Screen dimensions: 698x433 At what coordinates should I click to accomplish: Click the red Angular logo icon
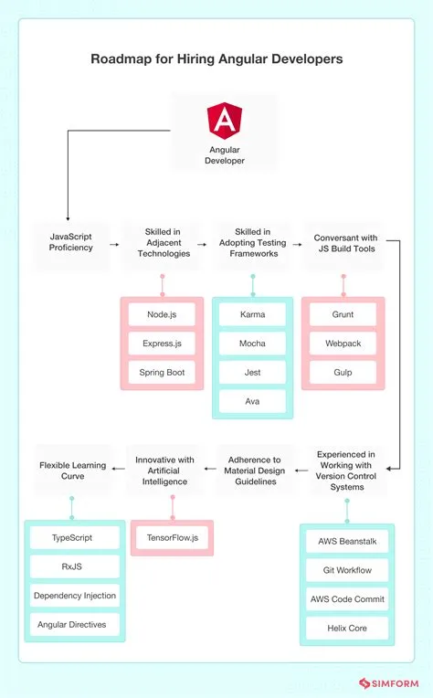[224, 120]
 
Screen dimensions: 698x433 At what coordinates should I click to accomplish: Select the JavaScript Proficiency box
[71, 241]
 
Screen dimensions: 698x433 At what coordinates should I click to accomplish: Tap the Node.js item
[163, 314]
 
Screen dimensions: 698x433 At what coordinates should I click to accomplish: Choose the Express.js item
[163, 344]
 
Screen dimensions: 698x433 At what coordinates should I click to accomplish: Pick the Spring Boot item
[163, 373]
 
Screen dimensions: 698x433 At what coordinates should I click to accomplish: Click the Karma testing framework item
[252, 314]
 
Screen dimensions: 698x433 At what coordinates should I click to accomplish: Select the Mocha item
[252, 344]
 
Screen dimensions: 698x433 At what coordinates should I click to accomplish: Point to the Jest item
[252, 373]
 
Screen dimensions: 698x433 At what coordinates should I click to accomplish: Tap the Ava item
[252, 402]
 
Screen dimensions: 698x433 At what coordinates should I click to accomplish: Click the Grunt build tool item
[343, 314]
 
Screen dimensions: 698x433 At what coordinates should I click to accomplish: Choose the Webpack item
[343, 344]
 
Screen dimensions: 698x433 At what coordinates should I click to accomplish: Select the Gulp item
[343, 373]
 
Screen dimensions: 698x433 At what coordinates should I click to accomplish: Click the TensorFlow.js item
[173, 538]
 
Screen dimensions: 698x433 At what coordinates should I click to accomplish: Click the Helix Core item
[346, 629]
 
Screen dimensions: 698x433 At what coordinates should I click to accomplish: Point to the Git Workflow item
[346, 570]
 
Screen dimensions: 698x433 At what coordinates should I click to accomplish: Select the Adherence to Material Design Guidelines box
[256, 471]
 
